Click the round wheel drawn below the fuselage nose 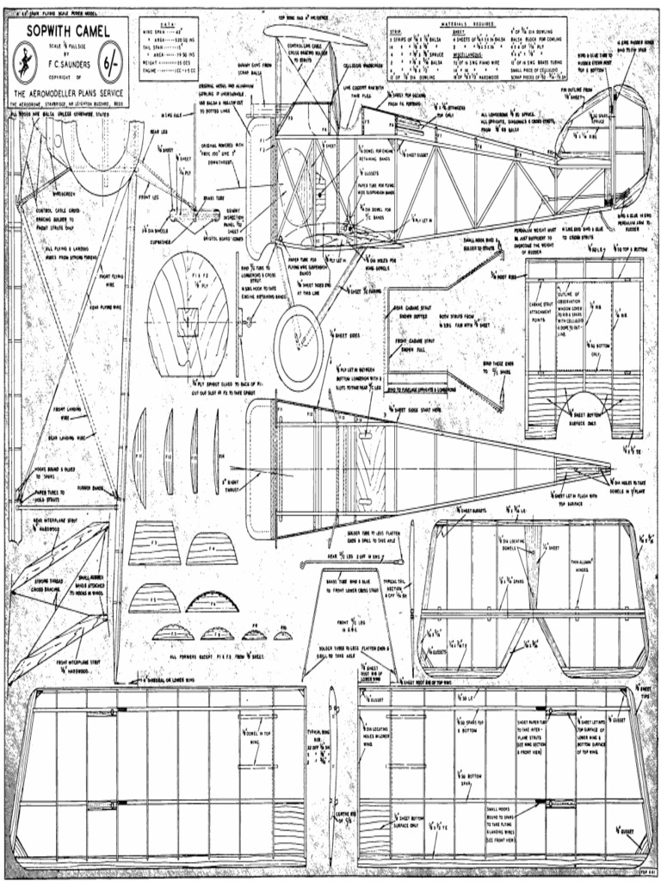click(299, 336)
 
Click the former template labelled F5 click(155, 599)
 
